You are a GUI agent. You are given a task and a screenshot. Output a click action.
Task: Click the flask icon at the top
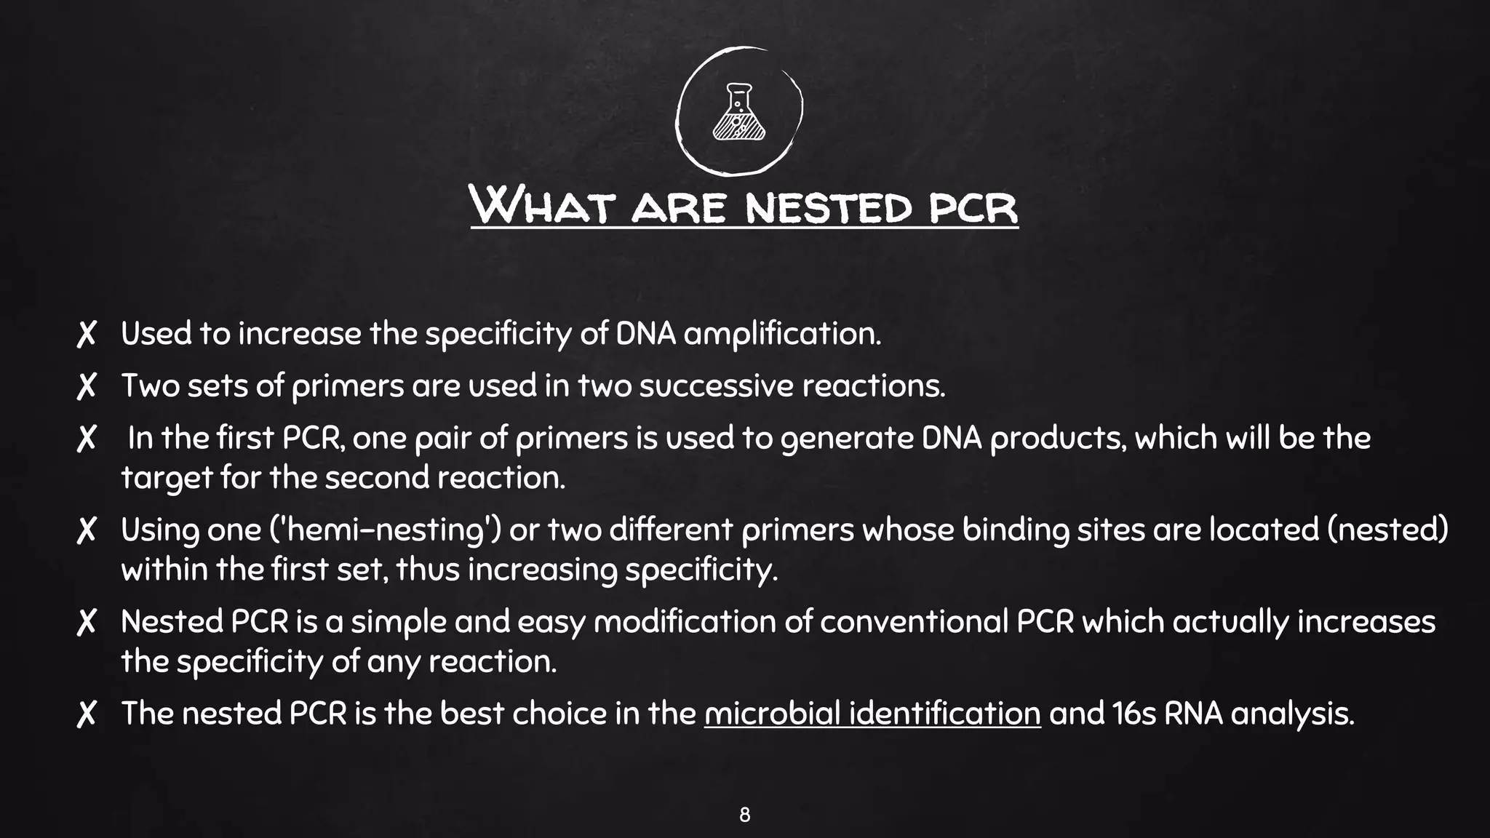click(x=738, y=113)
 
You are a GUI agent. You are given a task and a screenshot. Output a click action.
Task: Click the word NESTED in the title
click(x=828, y=207)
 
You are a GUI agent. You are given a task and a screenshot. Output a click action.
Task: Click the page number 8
click(x=744, y=815)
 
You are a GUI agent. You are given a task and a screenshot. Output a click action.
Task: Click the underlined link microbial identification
click(x=872, y=714)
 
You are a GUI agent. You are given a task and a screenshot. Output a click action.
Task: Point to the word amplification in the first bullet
click(x=782, y=335)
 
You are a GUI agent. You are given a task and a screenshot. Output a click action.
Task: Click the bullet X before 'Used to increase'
click(x=87, y=335)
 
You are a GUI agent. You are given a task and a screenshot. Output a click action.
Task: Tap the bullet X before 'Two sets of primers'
click(x=87, y=386)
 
